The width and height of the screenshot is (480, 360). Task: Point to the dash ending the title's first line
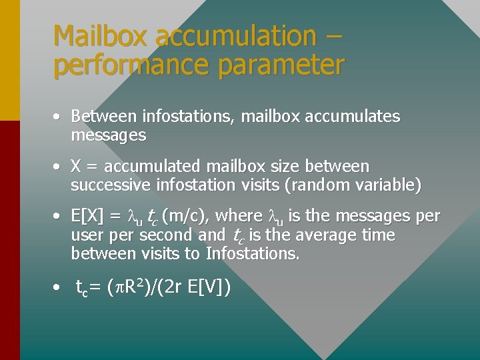331,36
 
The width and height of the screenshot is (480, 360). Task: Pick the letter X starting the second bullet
76,166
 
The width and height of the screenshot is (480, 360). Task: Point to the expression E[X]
87,216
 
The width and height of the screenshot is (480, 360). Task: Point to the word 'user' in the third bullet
87,235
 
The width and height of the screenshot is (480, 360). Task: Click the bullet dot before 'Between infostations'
58,117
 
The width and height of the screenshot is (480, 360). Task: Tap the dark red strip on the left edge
9,240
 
